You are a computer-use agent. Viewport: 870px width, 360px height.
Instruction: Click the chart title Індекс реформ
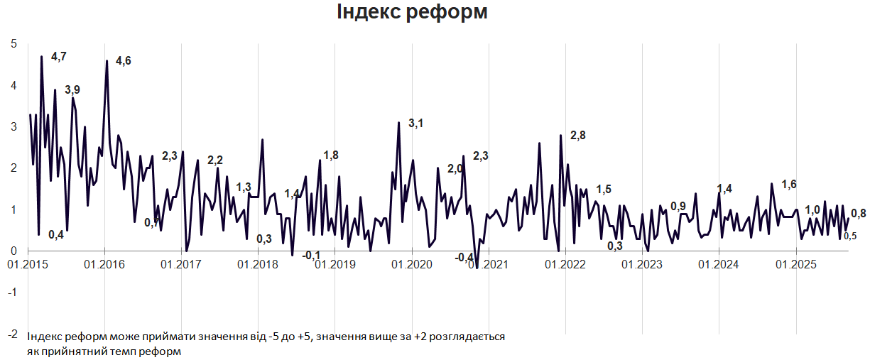(x=412, y=12)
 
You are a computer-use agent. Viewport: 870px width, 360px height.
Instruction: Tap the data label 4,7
(x=59, y=55)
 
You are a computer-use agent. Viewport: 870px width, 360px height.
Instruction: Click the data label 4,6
(x=124, y=61)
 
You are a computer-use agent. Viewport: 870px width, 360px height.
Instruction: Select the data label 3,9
(x=72, y=89)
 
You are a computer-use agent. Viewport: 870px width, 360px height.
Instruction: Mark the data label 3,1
(x=415, y=124)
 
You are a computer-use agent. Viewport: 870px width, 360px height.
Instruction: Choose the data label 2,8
(x=577, y=136)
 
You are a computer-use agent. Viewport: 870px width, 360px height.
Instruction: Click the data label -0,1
(x=311, y=256)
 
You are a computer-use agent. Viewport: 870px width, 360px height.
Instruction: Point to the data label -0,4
(x=464, y=257)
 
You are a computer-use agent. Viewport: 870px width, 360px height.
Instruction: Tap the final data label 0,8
(x=858, y=213)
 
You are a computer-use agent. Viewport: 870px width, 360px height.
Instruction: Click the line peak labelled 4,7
(x=42, y=56)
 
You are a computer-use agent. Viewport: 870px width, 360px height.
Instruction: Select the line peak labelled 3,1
(x=398, y=124)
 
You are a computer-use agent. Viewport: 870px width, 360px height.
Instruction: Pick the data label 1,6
(x=788, y=185)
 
